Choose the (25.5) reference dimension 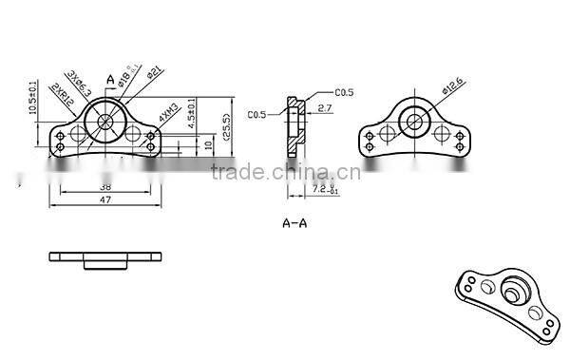coord(226,126)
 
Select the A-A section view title coord(294,224)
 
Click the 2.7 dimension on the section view coord(325,110)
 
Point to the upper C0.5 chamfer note coord(344,92)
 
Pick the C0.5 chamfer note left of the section coord(257,115)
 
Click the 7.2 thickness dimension coord(324,191)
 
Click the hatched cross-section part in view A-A coord(294,128)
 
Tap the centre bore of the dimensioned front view coord(105,123)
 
